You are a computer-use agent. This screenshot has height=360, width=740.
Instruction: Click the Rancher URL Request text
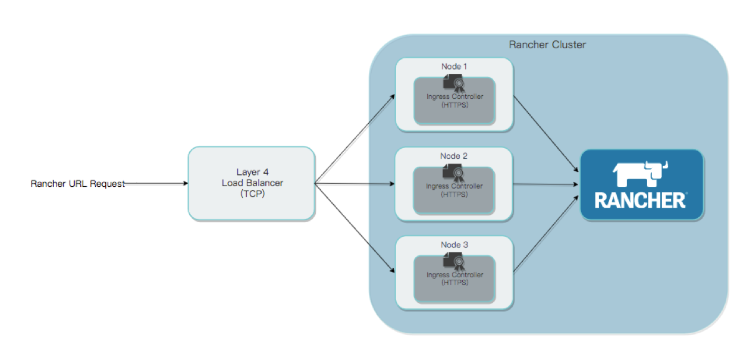tap(78, 184)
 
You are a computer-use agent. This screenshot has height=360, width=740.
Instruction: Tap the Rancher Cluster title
tap(547, 45)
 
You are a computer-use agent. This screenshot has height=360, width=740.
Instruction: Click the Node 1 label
tap(454, 66)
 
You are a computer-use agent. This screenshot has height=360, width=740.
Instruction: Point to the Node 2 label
tap(454, 156)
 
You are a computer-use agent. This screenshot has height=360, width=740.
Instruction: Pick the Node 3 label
tap(454, 245)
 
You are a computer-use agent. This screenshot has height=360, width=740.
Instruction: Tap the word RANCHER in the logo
tap(640, 201)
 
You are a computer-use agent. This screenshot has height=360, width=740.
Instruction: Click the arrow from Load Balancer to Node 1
tap(355, 139)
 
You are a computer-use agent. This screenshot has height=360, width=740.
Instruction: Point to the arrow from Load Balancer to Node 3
tap(355, 228)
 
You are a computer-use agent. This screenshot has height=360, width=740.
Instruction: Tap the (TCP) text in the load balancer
tap(252, 193)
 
